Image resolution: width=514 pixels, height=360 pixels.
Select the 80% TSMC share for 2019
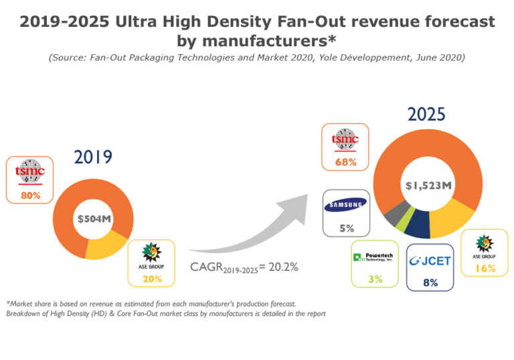31,195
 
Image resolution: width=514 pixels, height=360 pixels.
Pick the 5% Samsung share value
346,228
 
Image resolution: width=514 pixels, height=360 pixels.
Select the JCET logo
430,260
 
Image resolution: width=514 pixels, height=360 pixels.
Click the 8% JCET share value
430,282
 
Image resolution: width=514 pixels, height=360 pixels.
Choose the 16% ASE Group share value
485,268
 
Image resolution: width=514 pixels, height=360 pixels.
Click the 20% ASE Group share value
152,278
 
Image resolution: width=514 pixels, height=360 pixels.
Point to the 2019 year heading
93,158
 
